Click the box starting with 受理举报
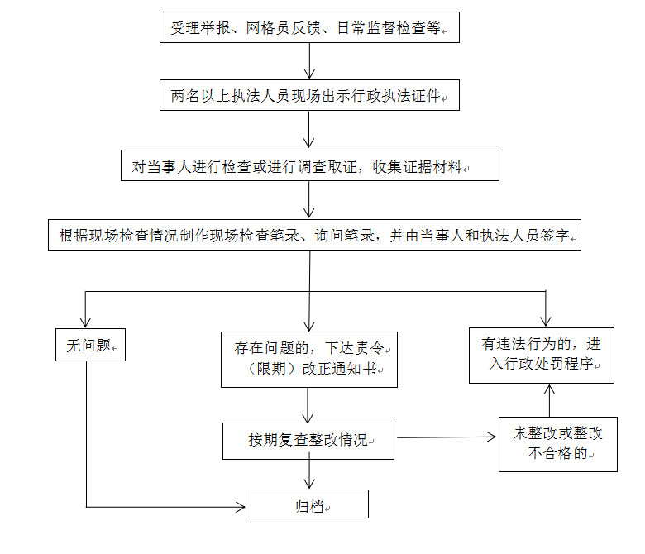coord(309,27)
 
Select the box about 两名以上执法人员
coord(309,95)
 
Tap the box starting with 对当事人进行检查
coord(310,165)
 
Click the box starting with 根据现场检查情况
coord(315,235)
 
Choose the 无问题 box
coord(90,345)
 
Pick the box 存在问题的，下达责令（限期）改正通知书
coord(309,360)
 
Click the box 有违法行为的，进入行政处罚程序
coord(542,356)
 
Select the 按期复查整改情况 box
coord(308,441)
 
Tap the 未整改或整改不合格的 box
coord(558,444)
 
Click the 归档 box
coord(310,504)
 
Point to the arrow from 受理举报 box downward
coord(309,61)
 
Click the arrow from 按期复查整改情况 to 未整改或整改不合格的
coord(447,437)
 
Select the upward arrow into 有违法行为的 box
coord(549,400)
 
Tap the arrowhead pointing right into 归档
coord(241,507)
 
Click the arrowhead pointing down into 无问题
coord(85,322)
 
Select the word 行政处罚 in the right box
coord(533,364)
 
